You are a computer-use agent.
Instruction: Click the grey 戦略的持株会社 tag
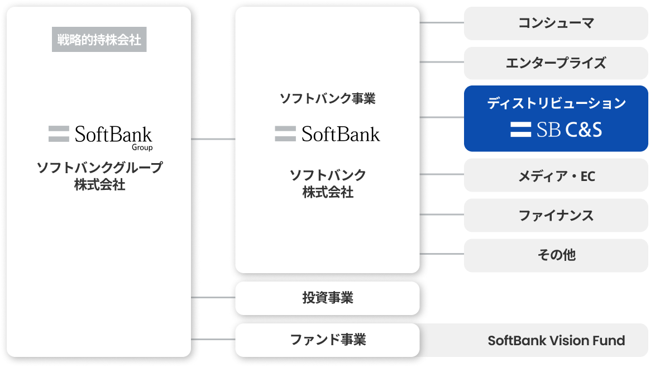[99, 40]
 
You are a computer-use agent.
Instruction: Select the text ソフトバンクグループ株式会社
[99, 176]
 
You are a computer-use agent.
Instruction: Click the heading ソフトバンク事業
[327, 99]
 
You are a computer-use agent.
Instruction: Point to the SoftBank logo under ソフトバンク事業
[327, 134]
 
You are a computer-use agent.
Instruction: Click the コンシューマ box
[556, 23]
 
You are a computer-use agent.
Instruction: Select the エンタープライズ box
[556, 63]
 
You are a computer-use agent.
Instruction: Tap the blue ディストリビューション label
[556, 103]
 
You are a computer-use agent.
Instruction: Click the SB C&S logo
[556, 130]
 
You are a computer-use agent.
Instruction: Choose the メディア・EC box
[556, 177]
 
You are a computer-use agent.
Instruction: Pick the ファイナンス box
[556, 216]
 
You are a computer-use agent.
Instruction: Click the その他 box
[556, 255]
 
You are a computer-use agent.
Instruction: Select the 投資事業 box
[327, 298]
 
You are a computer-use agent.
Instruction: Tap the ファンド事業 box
[327, 340]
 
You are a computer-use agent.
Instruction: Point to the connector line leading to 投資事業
[213, 297]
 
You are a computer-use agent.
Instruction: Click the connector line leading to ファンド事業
[213, 339]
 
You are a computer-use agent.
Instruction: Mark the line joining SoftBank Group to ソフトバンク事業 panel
[213, 139]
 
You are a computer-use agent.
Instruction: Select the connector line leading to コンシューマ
[441, 23]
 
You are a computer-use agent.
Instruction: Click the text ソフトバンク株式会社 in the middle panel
[327, 183]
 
